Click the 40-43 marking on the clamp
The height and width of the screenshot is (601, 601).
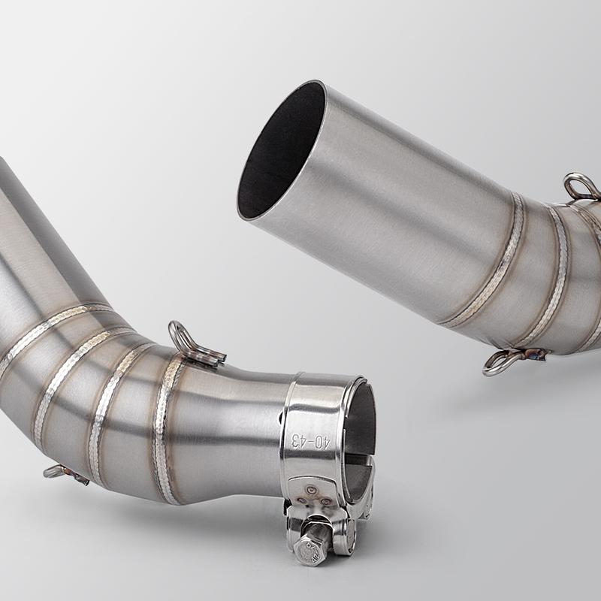tap(310, 441)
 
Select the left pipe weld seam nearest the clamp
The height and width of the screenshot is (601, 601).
tap(165, 429)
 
